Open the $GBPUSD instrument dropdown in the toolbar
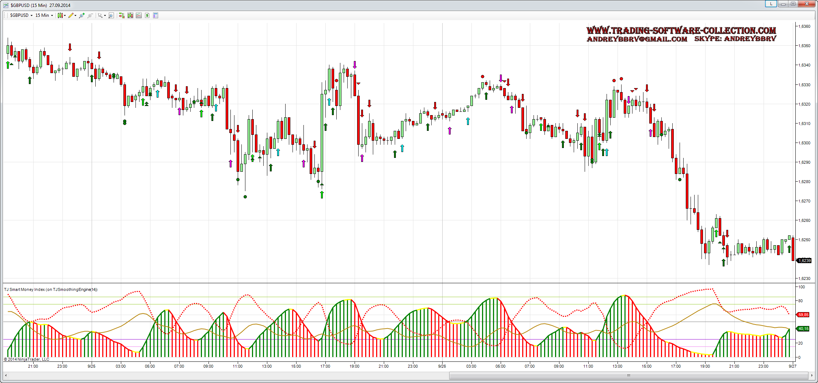pyautogui.click(x=21, y=15)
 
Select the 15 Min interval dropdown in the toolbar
pyautogui.click(x=44, y=15)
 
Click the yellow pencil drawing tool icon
pyautogui.click(x=71, y=15)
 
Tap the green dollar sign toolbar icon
pyautogui.click(x=147, y=15)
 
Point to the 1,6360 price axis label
pyautogui.click(x=804, y=26)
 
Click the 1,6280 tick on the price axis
pyautogui.click(x=804, y=182)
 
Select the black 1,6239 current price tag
pyautogui.click(x=804, y=261)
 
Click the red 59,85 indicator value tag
pyautogui.click(x=803, y=315)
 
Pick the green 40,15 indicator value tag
pyautogui.click(x=803, y=329)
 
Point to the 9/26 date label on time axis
pyautogui.click(x=442, y=366)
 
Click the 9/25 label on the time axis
pyautogui.click(x=91, y=366)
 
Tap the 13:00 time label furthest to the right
pyautogui.click(x=617, y=366)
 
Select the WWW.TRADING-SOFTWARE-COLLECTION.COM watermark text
pyautogui.click(x=681, y=30)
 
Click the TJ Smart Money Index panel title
pyautogui.click(x=51, y=289)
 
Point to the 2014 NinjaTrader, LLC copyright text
pyautogui.click(x=27, y=359)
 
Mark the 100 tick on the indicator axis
pyautogui.click(x=802, y=287)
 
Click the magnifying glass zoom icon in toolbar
pyautogui.click(x=111, y=15)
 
